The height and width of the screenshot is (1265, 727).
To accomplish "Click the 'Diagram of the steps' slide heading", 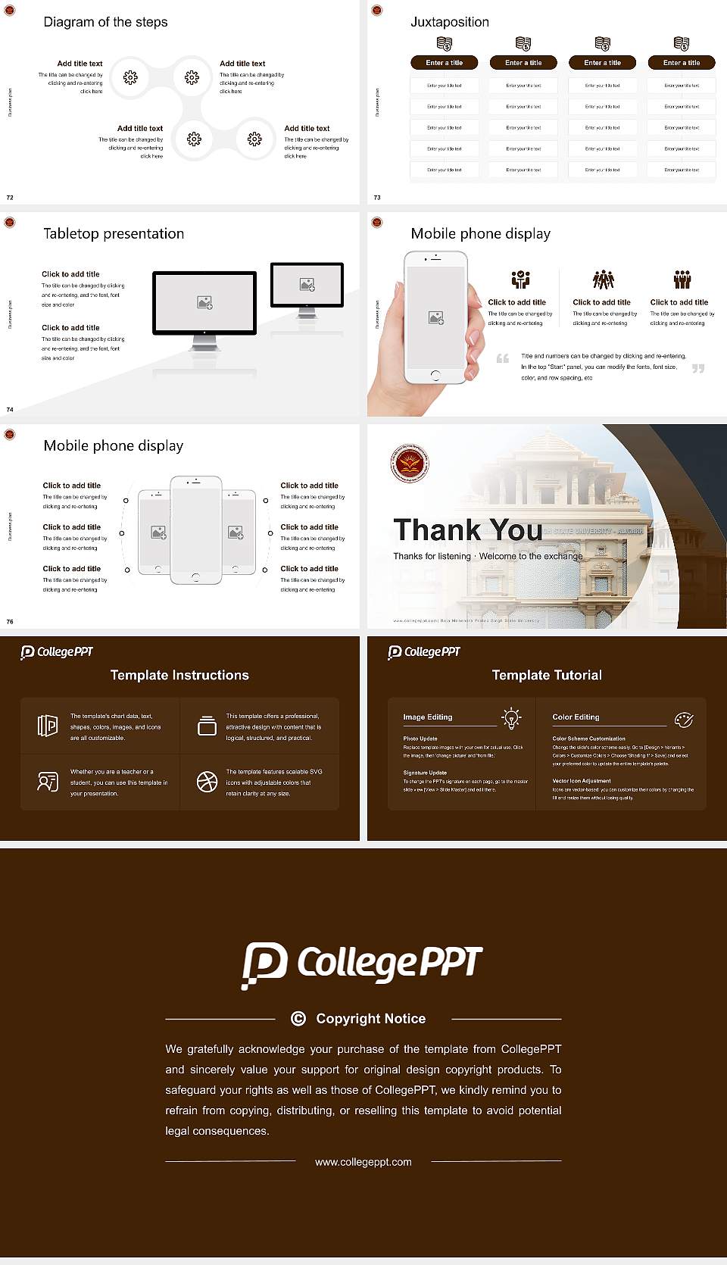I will point(105,22).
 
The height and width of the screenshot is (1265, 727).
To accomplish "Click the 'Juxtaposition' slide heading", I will point(449,22).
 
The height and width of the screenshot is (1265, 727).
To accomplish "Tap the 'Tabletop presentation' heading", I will point(114,234).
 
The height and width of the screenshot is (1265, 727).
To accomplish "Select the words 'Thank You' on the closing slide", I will point(467,530).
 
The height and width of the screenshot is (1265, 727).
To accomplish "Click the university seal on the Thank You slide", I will point(410,464).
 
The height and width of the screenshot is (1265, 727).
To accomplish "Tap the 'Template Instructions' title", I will point(179,675).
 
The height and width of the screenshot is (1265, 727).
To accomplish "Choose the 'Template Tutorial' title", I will point(547,675).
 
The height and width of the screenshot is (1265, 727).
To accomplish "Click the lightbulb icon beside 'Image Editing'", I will point(511,718).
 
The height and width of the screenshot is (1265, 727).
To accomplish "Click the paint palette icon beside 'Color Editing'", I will point(684,719).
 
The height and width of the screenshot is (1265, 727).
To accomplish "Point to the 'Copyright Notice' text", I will point(370,1019).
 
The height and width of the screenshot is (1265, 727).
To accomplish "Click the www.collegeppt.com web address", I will point(363,1162).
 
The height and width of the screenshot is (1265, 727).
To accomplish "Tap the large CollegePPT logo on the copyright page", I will point(362,964).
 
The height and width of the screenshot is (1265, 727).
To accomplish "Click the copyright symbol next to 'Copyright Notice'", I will point(298,1019).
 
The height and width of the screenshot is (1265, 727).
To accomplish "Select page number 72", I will point(10,198).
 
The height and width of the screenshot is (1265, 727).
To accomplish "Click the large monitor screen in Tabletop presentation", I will point(204,302).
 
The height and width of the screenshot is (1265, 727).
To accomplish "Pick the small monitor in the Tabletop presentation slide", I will point(307,285).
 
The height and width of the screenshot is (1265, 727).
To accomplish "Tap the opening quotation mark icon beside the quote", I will point(502,358).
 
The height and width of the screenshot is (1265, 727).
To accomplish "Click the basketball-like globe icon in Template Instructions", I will point(207,782).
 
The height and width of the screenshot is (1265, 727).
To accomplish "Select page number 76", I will point(10,622).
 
